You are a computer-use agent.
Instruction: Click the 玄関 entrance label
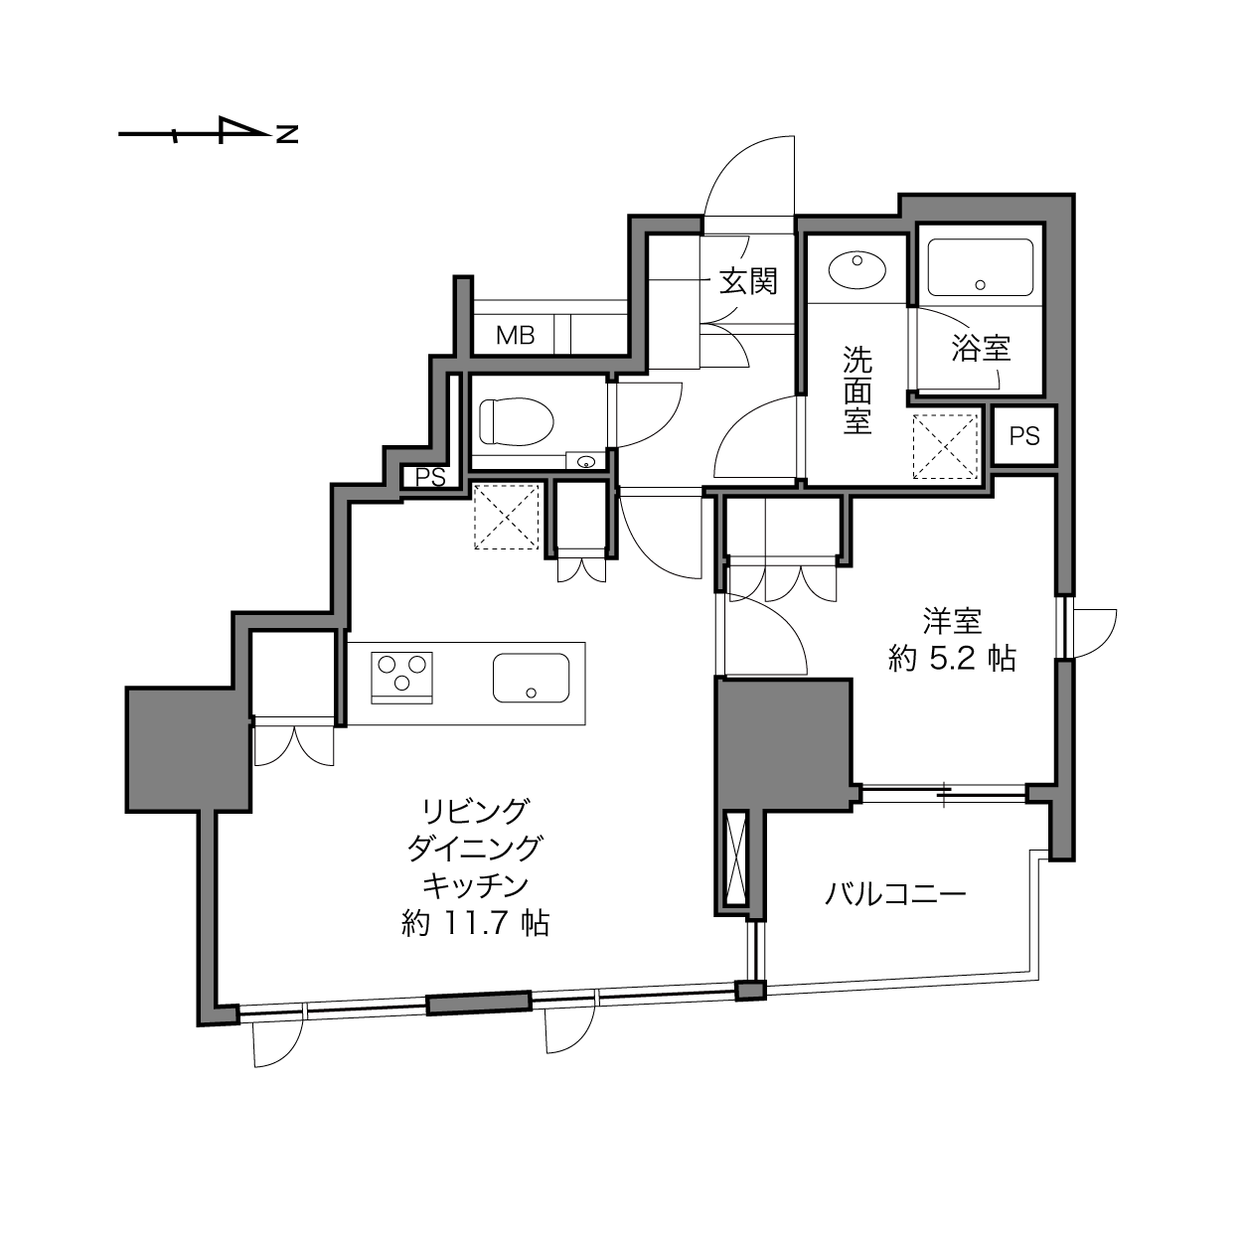click(748, 281)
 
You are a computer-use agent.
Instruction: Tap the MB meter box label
click(515, 335)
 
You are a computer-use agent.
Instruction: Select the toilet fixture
click(517, 421)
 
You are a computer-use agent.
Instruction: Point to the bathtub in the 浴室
click(980, 267)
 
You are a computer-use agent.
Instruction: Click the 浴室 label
click(981, 349)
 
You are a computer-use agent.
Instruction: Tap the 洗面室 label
click(857, 390)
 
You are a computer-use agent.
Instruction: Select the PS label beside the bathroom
click(1024, 436)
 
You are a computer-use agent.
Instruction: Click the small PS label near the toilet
click(430, 477)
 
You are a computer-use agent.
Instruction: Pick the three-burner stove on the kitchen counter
click(401, 678)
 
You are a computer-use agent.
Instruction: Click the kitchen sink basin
click(531, 678)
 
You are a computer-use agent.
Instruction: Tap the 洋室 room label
click(952, 622)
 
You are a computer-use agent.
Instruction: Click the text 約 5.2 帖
click(952, 660)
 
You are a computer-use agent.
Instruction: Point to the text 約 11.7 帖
click(475, 923)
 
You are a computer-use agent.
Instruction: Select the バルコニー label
click(895, 894)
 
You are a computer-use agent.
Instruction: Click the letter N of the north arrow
click(287, 133)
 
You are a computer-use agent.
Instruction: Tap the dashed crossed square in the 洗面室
click(946, 447)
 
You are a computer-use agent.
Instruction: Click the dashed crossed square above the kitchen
click(506, 517)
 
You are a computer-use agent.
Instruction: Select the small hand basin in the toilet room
click(586, 462)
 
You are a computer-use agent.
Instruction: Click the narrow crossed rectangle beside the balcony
click(736, 860)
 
